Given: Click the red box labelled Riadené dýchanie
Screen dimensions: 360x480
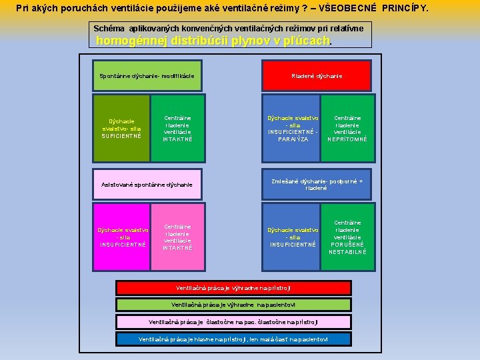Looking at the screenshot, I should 316,75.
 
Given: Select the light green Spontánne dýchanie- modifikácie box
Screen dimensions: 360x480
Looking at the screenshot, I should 146,75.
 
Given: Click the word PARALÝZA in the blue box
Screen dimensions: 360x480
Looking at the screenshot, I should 293,139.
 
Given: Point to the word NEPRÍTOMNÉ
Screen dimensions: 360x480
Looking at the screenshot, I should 347,139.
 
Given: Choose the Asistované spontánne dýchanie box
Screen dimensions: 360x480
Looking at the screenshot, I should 146,185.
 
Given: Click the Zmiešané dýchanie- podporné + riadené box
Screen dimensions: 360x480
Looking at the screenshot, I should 316,185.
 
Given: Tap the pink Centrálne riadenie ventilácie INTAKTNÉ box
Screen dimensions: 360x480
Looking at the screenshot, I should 177,237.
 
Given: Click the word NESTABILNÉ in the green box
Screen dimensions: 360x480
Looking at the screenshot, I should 347,252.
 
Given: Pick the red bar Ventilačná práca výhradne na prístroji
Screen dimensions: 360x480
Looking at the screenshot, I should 233,288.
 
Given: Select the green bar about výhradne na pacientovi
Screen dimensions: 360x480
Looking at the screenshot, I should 233,305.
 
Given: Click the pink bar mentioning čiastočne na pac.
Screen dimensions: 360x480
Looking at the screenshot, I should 233,322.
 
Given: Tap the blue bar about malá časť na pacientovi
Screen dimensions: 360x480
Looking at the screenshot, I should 233,339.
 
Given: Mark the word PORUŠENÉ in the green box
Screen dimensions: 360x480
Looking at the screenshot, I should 347,245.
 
